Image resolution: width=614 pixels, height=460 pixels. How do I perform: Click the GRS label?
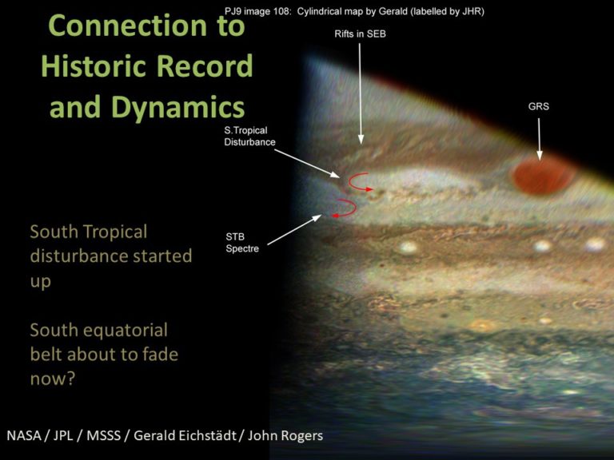tap(538, 106)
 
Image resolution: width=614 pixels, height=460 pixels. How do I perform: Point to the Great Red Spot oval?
tap(543, 176)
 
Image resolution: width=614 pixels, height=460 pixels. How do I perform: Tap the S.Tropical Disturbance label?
tap(249, 137)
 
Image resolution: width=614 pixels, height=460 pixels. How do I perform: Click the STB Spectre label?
tap(243, 242)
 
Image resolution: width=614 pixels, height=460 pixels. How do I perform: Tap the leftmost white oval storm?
tap(408, 248)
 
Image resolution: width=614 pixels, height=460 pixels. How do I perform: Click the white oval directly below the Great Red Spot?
tap(544, 245)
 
